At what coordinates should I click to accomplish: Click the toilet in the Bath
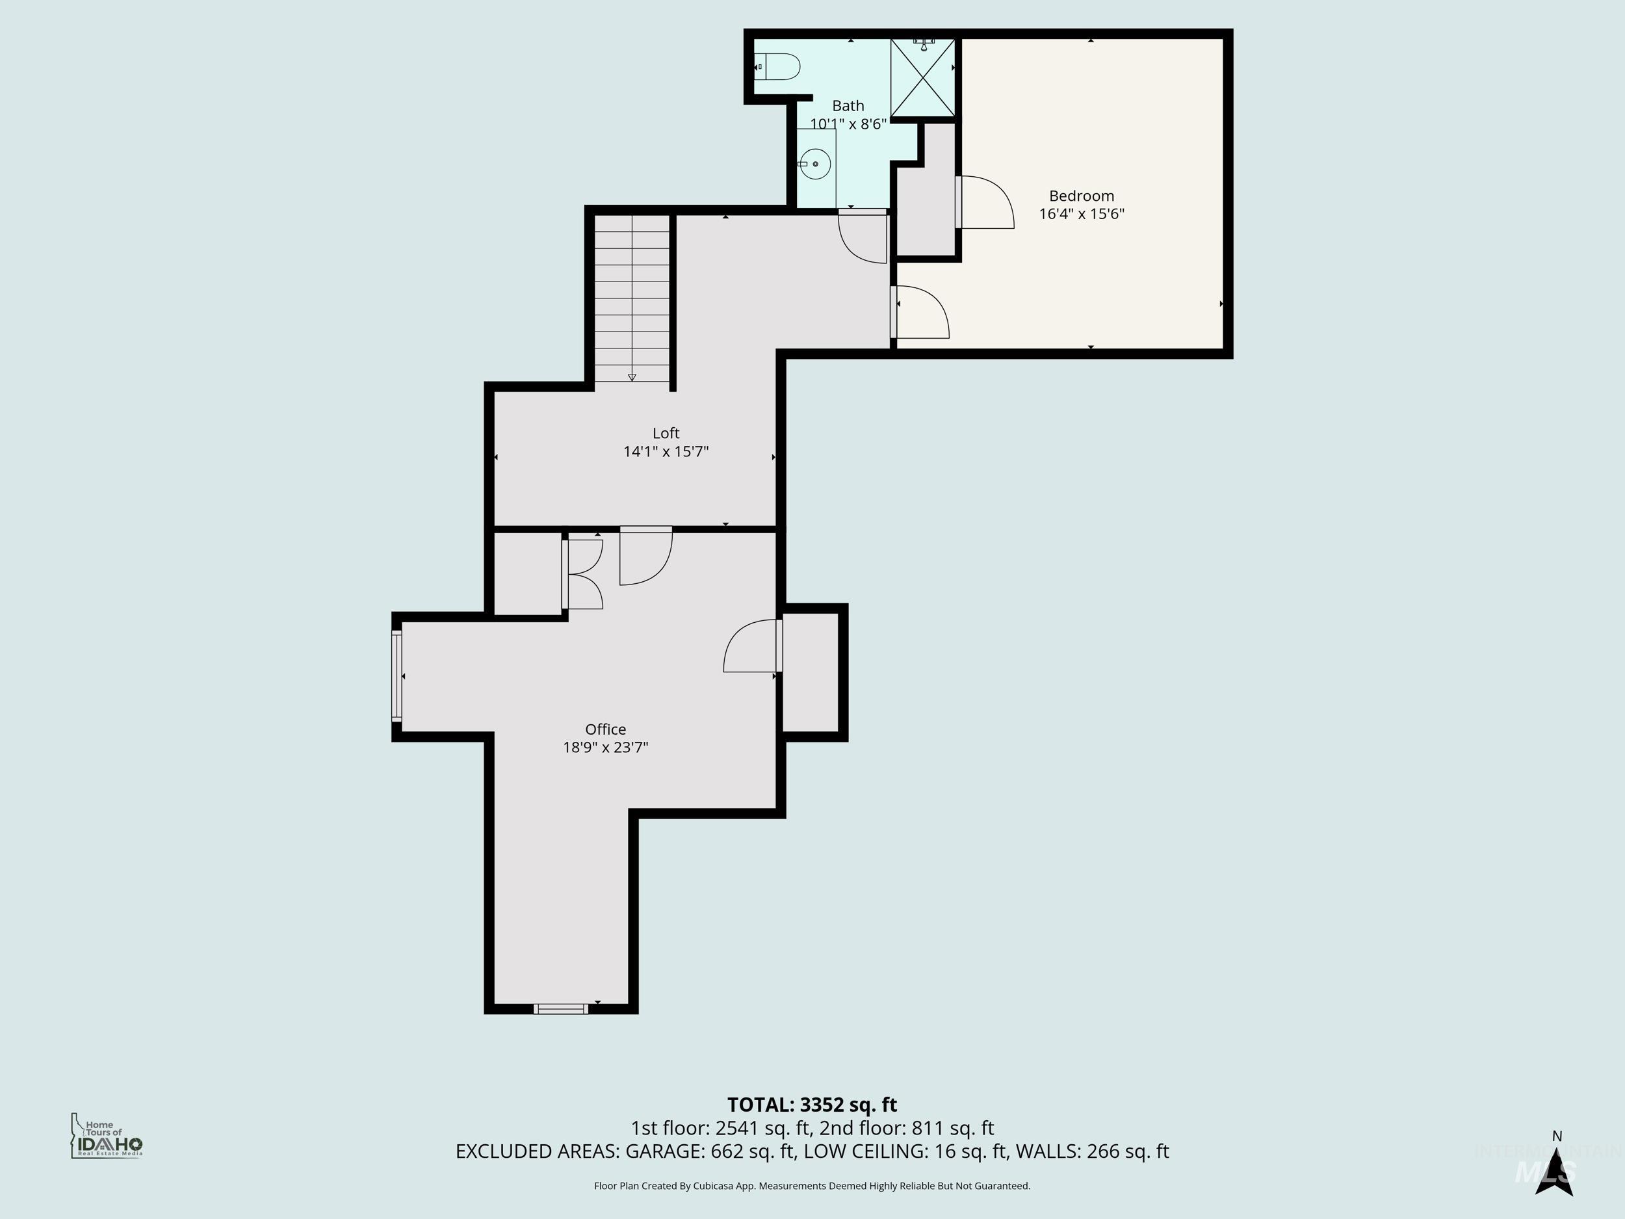tap(779, 67)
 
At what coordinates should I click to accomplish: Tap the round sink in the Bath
tap(814, 164)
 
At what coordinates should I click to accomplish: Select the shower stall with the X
tap(923, 78)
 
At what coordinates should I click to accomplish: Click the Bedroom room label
tap(1081, 196)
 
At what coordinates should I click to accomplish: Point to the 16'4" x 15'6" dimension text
tap(1081, 214)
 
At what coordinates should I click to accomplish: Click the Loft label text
tap(666, 434)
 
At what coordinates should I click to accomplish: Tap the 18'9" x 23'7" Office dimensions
tap(605, 747)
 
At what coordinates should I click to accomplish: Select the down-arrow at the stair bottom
tap(632, 377)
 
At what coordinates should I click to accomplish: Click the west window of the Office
tap(396, 675)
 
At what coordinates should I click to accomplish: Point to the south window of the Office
tap(560, 1009)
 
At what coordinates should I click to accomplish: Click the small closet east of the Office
tap(811, 672)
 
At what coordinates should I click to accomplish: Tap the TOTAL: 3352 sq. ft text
tap(812, 1105)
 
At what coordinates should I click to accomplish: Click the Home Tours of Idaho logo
tap(107, 1135)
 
